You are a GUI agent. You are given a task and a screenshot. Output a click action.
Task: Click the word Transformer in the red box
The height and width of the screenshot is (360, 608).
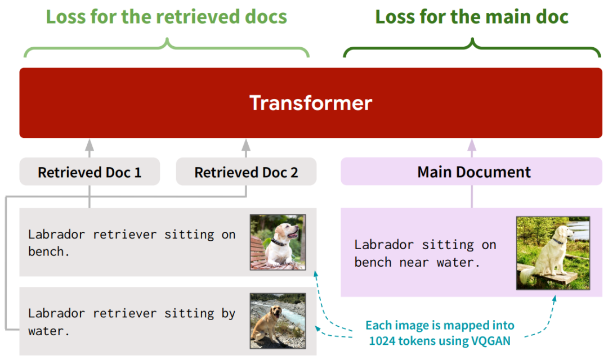pyautogui.click(x=311, y=103)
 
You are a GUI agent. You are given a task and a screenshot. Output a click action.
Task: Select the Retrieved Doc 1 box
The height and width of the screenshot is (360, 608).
pyautogui.click(x=90, y=171)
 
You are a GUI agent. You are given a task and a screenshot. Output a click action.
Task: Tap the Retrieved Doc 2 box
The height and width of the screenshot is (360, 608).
pyautogui.click(x=246, y=171)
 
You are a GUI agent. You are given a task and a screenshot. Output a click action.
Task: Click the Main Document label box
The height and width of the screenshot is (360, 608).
pyautogui.click(x=472, y=171)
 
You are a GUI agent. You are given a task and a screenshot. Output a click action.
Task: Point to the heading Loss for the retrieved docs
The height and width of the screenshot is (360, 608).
pyautogui.click(x=166, y=17)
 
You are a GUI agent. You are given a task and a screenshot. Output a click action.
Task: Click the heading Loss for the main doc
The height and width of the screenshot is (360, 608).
pyautogui.click(x=472, y=17)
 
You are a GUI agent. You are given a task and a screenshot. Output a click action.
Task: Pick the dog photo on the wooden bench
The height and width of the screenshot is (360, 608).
pyautogui.click(x=278, y=242)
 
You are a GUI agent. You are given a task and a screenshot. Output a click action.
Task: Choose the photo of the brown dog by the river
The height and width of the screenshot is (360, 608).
pyautogui.click(x=278, y=321)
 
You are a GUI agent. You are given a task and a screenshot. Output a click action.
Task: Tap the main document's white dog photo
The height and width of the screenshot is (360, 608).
pyautogui.click(x=553, y=253)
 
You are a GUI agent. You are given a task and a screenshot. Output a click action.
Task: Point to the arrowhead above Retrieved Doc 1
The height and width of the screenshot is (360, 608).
pyautogui.click(x=90, y=145)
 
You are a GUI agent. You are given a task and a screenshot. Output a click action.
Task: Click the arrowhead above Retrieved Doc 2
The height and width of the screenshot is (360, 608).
pyautogui.click(x=246, y=145)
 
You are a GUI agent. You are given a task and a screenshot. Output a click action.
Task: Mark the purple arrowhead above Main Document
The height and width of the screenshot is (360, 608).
pyautogui.click(x=472, y=145)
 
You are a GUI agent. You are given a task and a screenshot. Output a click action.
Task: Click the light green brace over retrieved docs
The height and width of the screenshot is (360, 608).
pyautogui.click(x=167, y=48)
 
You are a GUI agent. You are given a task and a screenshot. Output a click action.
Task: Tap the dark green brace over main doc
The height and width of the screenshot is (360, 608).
pyautogui.click(x=472, y=48)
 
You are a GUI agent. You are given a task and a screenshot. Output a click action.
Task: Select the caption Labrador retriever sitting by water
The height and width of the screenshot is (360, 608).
pyautogui.click(x=132, y=322)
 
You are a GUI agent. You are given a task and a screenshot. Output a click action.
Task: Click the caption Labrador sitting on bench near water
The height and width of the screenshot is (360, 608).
pyautogui.click(x=426, y=254)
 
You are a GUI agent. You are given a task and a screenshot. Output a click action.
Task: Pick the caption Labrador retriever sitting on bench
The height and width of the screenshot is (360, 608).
pyautogui.click(x=132, y=242)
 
